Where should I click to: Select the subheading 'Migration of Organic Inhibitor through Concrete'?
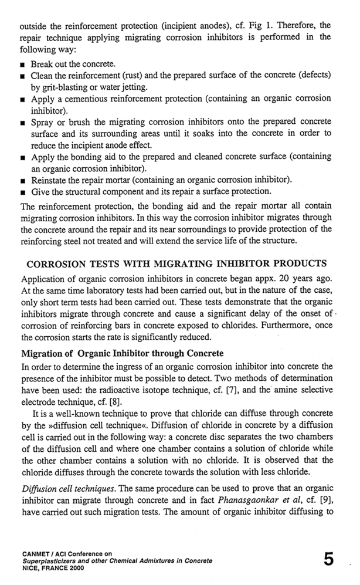click(x=122, y=354)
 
